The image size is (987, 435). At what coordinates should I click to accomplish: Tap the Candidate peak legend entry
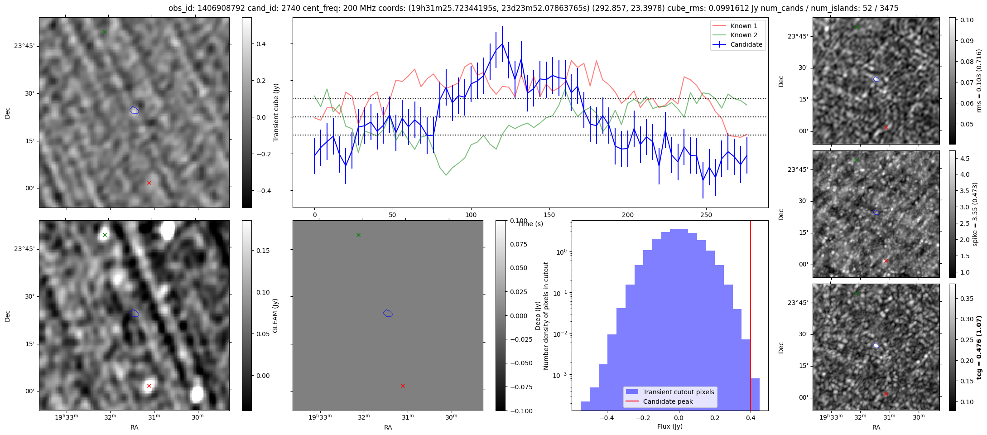tap(668, 401)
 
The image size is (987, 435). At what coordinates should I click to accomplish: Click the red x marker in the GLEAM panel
tap(149, 386)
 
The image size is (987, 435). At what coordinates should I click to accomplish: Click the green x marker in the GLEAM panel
tap(105, 235)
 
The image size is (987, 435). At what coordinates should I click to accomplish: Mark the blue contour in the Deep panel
tap(388, 313)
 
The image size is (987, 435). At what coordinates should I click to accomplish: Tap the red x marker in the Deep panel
tap(403, 386)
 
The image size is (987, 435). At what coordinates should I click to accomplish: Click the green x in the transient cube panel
tap(105, 32)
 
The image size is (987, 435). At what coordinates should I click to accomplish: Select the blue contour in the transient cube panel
tap(134, 110)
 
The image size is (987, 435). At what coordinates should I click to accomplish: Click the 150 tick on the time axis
tap(549, 215)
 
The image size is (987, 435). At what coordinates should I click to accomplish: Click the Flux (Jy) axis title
tap(669, 426)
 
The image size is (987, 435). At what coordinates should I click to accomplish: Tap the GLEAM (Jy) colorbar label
tap(275, 315)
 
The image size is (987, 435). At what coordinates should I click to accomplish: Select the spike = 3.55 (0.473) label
tap(975, 214)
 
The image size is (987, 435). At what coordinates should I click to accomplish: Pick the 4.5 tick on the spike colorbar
tap(965, 159)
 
